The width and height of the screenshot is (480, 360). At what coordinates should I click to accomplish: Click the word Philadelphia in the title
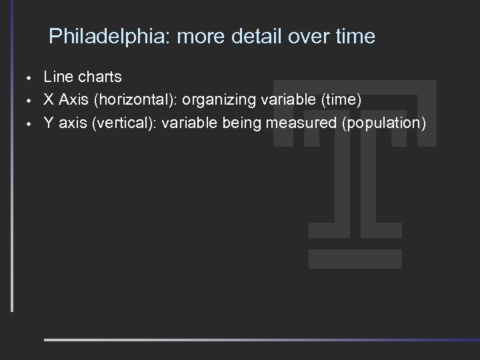pyautogui.click(x=109, y=36)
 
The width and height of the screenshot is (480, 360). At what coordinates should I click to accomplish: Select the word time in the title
pyautogui.click(x=355, y=36)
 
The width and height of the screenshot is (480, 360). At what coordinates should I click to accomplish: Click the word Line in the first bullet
pyautogui.click(x=57, y=77)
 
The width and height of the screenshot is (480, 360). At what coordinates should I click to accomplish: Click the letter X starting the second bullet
pyautogui.click(x=49, y=100)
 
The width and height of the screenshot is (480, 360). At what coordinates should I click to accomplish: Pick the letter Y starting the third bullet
pyautogui.click(x=49, y=123)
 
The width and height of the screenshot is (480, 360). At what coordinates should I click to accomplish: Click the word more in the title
pyautogui.click(x=202, y=36)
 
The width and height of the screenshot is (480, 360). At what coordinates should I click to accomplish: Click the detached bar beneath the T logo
pyautogui.click(x=356, y=259)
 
